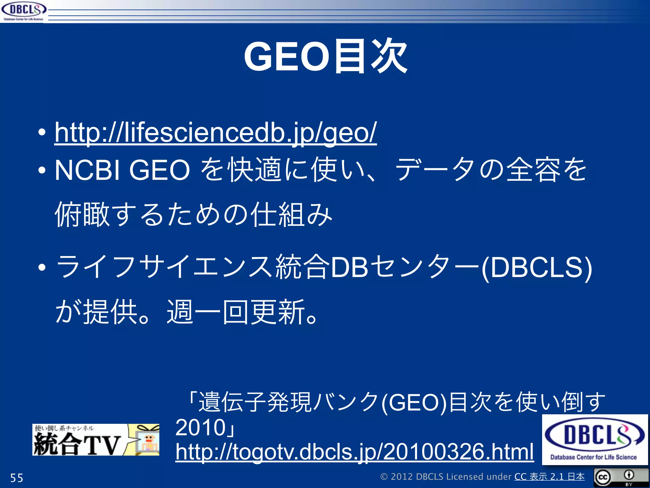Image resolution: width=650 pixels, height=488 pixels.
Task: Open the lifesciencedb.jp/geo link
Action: click(216, 133)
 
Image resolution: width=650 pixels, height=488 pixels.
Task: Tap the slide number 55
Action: click(17, 478)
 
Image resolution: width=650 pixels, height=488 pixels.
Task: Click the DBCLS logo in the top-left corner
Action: click(23, 11)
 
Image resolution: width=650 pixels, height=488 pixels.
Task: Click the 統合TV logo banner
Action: click(96, 440)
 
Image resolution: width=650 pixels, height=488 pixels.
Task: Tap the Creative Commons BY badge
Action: click(621, 477)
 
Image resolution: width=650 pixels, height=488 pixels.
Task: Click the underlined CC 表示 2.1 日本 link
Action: click(549, 477)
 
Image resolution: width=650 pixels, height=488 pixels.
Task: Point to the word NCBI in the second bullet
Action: click(87, 170)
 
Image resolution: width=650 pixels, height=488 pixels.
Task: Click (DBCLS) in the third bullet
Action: click(537, 267)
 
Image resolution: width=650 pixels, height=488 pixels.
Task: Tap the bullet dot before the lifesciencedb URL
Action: click(42, 133)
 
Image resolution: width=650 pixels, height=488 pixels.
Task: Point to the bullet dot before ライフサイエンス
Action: click(42, 268)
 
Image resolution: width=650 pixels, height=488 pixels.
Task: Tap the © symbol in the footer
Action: click(384, 477)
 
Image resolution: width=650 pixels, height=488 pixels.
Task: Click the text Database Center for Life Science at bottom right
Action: click(594, 457)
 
